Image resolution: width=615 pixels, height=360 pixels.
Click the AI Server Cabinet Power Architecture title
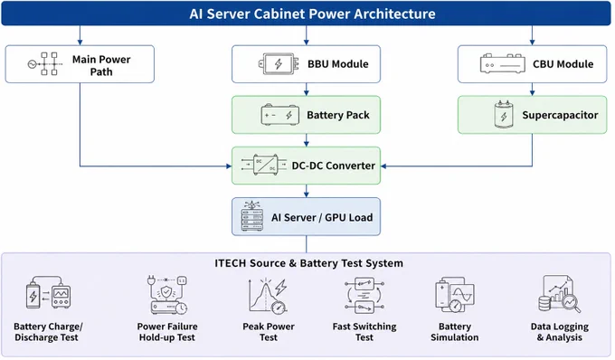(x=312, y=14)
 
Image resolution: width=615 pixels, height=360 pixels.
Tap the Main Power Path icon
(x=44, y=63)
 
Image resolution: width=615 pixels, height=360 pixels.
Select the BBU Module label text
(x=337, y=64)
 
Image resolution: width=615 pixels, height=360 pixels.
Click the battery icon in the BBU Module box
(x=279, y=64)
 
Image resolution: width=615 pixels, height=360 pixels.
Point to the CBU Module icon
(x=503, y=64)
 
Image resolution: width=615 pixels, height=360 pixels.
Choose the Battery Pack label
(x=338, y=115)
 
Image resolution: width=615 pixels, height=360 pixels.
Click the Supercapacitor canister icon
(x=504, y=114)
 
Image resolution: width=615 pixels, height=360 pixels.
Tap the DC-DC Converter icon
(x=263, y=166)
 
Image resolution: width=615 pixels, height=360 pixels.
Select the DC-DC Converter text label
(x=334, y=166)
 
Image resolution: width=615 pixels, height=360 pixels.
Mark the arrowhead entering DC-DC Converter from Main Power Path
(x=229, y=166)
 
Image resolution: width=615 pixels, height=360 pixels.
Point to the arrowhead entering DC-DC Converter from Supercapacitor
(x=383, y=166)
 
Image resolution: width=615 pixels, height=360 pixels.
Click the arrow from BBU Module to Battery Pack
(x=307, y=89)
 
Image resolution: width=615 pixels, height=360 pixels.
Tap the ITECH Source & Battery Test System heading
(x=308, y=263)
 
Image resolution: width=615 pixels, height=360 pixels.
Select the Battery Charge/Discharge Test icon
(x=48, y=292)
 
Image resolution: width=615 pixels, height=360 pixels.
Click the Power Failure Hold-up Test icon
(x=167, y=295)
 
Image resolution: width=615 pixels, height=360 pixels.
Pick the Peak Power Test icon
(x=269, y=296)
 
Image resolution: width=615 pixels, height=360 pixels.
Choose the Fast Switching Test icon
(x=364, y=295)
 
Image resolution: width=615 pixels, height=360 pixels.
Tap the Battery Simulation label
(x=455, y=332)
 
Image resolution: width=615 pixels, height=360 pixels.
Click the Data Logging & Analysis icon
(x=559, y=294)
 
